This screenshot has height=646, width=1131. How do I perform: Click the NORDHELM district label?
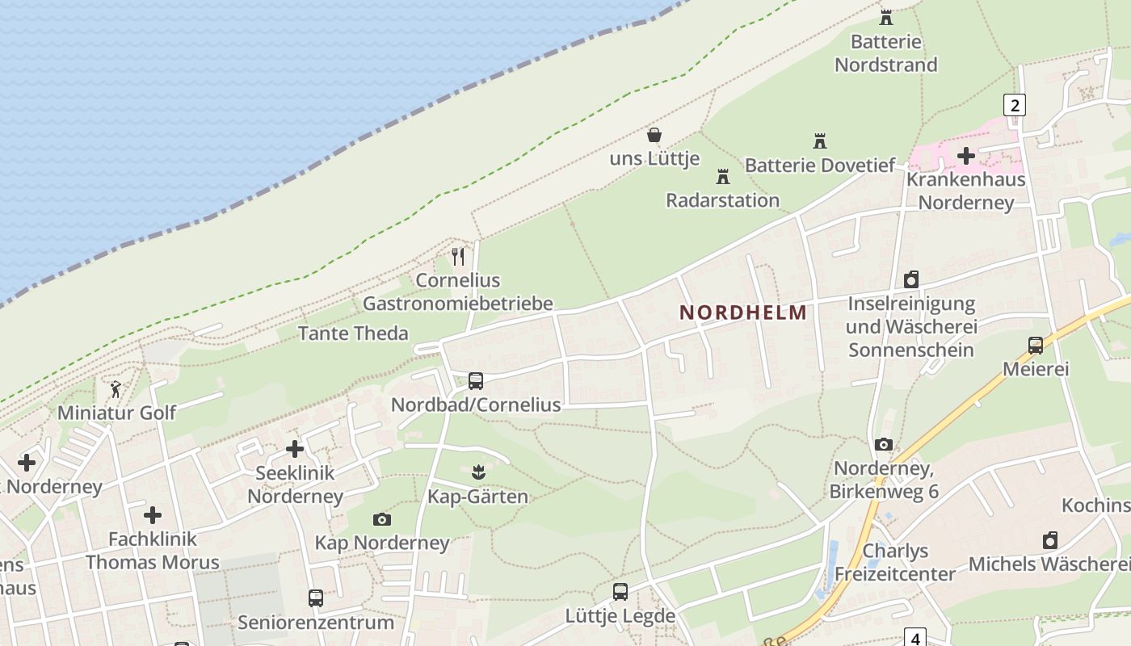743,313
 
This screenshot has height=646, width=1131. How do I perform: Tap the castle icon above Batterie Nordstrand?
886,17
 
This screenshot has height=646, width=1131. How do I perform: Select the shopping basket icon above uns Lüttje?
654,135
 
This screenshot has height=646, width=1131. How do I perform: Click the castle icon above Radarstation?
723,176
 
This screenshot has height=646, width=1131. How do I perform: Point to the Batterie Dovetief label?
819,166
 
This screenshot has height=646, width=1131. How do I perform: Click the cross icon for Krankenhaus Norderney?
966,155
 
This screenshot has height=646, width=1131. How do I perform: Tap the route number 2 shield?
1015,105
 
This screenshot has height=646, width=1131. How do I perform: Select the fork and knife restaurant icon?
458,256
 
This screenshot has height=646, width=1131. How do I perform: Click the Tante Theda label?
353,333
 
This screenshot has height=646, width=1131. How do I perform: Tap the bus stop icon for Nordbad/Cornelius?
476,380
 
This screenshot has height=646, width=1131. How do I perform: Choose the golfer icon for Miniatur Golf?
116,389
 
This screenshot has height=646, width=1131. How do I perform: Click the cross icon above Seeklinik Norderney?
295,449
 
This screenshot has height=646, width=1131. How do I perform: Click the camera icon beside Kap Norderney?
382,519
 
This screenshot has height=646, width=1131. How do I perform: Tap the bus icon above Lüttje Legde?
620,592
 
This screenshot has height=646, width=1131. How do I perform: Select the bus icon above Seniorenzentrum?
316,598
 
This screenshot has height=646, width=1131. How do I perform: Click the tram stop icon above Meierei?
1036,346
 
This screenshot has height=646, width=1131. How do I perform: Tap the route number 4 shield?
915,638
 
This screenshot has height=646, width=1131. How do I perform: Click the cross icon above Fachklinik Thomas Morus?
153,514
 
